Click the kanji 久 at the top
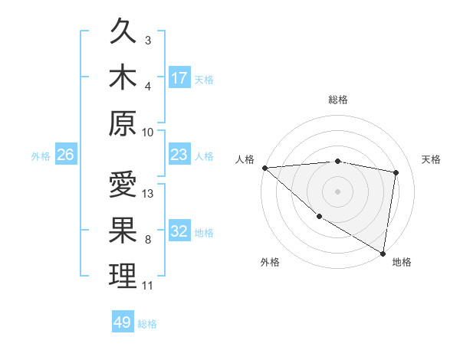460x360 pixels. click(123, 33)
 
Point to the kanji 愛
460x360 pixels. click(123, 186)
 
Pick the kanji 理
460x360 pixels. click(123, 276)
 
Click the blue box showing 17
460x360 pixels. click(179, 78)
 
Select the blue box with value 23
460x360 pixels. click(179, 155)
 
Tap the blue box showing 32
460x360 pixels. click(179, 232)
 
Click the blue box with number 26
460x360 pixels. click(65, 155)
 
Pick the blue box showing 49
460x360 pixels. click(123, 322)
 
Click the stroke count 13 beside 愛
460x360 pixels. click(149, 193)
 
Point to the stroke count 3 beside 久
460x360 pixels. click(148, 40)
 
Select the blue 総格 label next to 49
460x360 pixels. click(147, 323)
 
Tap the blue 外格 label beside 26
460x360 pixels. click(41, 156)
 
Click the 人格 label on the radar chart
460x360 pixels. click(245, 159)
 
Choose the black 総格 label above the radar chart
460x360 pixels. click(338, 100)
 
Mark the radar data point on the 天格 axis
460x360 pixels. click(396, 172)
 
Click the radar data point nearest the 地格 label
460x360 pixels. click(383, 253)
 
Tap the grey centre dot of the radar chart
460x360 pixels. click(338, 191)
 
